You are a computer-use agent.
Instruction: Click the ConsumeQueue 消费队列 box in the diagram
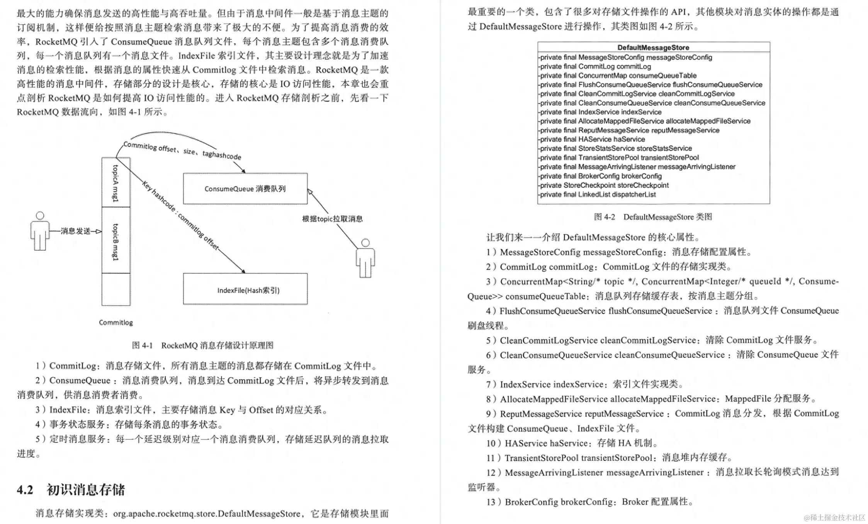(245, 189)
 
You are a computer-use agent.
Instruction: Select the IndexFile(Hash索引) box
(245, 289)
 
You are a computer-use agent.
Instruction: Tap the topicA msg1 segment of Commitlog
(116, 183)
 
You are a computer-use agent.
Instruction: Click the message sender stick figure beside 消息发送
(40, 232)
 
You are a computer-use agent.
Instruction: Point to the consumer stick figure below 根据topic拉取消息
(365, 259)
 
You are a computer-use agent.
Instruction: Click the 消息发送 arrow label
(75, 231)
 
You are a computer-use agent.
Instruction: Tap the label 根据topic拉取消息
(332, 219)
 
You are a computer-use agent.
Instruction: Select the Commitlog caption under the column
(116, 322)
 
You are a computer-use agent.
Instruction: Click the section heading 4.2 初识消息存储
(71, 490)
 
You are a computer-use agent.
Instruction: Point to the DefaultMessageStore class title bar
(653, 47)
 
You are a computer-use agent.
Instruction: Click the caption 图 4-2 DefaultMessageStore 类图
(653, 217)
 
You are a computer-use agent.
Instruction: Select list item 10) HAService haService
(572, 443)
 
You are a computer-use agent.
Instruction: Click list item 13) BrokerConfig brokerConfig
(589, 502)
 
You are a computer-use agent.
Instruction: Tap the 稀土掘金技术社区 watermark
(834, 517)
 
